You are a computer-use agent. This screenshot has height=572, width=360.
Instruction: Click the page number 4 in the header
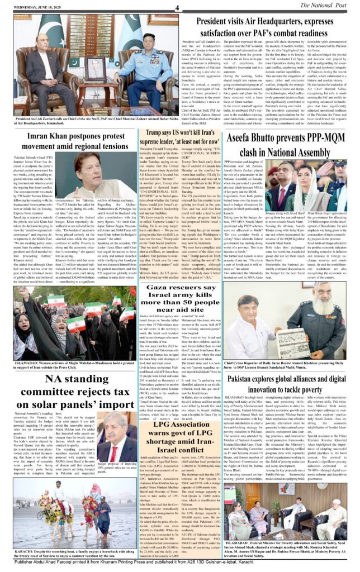tap(177, 8)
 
